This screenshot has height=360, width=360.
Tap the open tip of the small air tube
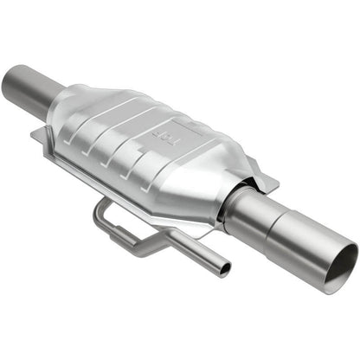225,271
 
